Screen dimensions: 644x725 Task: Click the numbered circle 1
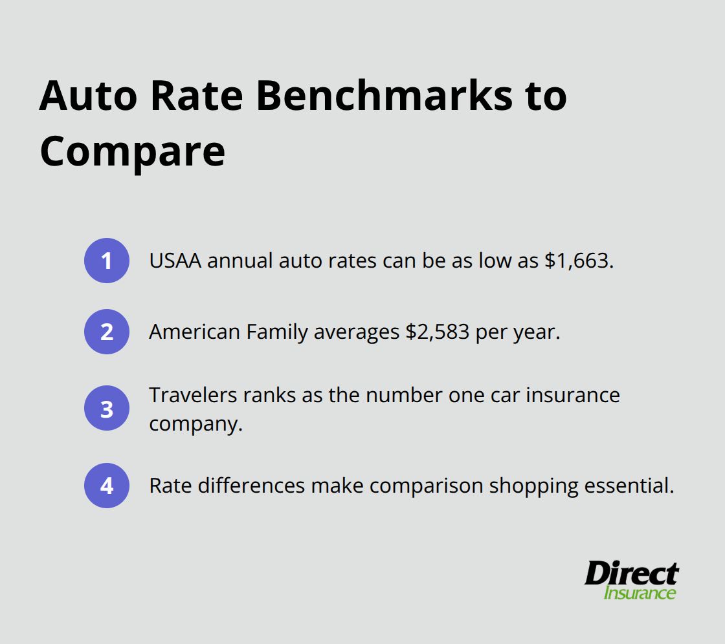[107, 261]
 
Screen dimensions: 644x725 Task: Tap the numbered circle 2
[107, 332]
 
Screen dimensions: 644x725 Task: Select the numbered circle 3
[107, 409]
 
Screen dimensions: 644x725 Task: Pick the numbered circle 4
[107, 486]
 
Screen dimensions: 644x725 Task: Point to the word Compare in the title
[132, 153]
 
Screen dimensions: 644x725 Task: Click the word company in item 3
[191, 425]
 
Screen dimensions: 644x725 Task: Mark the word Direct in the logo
[631, 574]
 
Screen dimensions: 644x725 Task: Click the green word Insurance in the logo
[640, 593]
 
